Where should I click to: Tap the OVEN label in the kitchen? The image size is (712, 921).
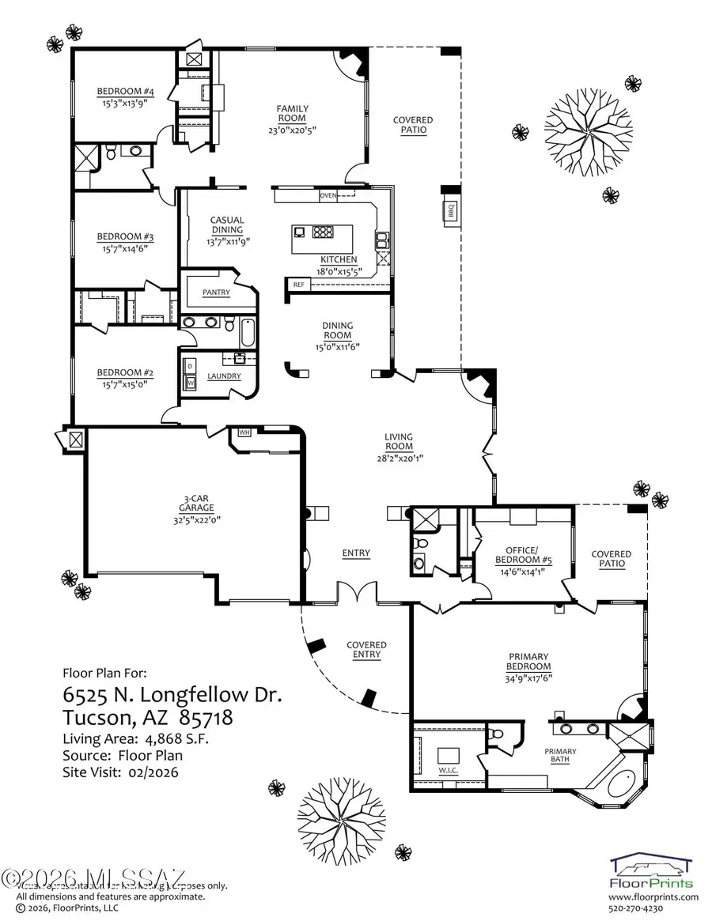[x=328, y=194]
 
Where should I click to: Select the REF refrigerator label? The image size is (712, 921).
[x=298, y=284]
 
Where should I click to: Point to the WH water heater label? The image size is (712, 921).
[x=244, y=432]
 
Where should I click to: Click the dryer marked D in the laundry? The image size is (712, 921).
[x=190, y=367]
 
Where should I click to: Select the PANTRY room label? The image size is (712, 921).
[x=216, y=293]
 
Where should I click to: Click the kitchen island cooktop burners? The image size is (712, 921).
[x=324, y=232]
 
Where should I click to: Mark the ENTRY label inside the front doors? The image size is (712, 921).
[x=356, y=553]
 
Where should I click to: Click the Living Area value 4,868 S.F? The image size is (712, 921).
[x=165, y=738]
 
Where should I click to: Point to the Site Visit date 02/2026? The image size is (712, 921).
[x=150, y=772]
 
